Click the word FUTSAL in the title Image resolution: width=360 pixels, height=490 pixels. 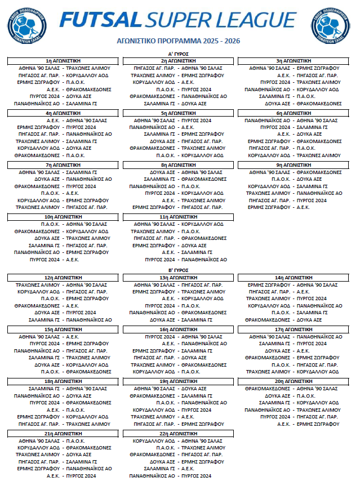pos(100,20)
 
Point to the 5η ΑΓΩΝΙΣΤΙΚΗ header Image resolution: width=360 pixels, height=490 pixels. pos(179,113)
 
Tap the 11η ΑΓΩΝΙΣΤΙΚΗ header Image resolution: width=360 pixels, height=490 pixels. pos(179,217)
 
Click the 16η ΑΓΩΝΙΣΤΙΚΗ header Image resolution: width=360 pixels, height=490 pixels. pos(179,329)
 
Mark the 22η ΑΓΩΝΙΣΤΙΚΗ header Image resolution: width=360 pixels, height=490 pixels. pos(179,434)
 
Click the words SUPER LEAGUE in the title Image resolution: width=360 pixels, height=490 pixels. pos(220,20)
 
